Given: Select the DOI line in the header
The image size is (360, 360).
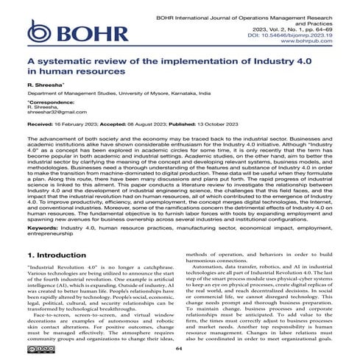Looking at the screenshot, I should point(297,33).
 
